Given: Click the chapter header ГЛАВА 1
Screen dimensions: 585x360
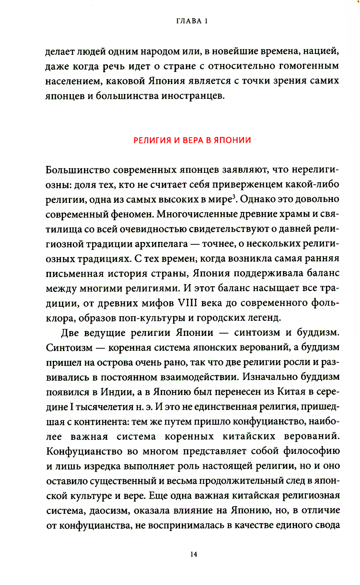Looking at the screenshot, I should click(192, 21).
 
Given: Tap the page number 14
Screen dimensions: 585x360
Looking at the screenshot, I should click(194, 554).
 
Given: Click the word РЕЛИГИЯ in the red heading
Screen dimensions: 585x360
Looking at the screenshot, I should click(152, 140).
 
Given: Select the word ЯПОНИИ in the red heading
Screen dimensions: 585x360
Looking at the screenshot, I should click(233, 140).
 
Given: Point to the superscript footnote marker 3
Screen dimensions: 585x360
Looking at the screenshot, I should click(233, 197).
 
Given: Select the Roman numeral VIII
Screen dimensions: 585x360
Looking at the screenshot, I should click(188, 303).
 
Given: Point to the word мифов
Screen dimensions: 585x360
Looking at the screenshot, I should click(158, 303).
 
